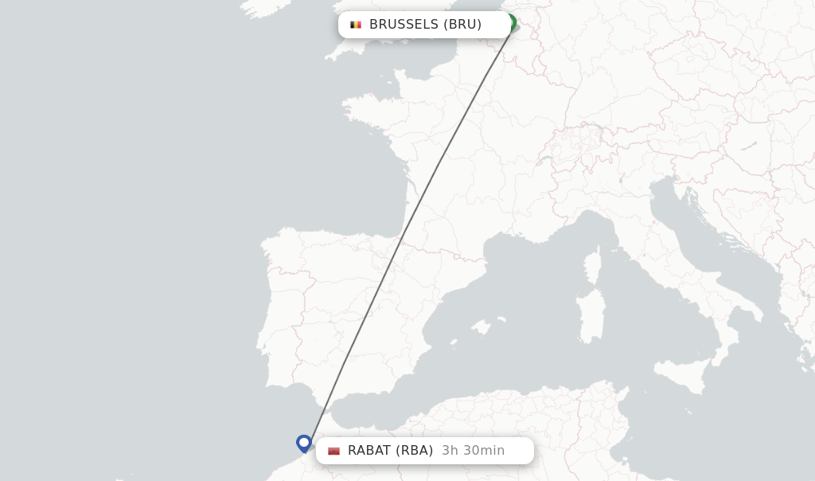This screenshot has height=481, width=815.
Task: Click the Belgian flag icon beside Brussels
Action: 356,25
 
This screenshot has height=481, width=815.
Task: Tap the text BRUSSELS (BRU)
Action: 425,25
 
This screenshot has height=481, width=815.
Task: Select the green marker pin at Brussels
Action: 510,22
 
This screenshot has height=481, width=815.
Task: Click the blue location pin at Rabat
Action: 303,443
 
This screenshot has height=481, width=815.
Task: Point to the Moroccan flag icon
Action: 333,451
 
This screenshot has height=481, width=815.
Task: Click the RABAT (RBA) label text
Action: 390,451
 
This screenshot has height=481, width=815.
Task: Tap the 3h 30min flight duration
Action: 473,451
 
